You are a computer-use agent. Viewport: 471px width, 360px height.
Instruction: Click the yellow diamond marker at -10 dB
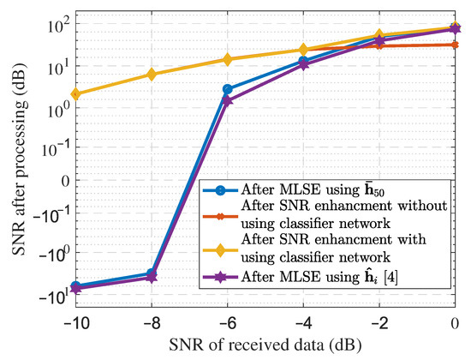(x=76, y=94)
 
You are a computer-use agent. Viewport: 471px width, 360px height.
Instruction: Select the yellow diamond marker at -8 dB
(x=152, y=75)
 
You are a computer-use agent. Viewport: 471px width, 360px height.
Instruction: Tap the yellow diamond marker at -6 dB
(x=228, y=59)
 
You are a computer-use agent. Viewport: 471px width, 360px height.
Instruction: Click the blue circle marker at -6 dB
(x=228, y=89)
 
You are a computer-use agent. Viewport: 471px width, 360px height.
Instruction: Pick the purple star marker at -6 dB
(x=228, y=100)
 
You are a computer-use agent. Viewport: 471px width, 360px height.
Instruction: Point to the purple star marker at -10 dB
(x=76, y=289)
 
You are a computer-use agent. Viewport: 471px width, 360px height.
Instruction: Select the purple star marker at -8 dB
(x=152, y=277)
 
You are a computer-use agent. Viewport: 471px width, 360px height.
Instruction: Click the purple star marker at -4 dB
(x=303, y=65)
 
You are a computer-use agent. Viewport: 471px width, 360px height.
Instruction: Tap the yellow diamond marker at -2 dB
(x=379, y=36)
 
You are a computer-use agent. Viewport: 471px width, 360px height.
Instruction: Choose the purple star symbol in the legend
(x=221, y=273)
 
